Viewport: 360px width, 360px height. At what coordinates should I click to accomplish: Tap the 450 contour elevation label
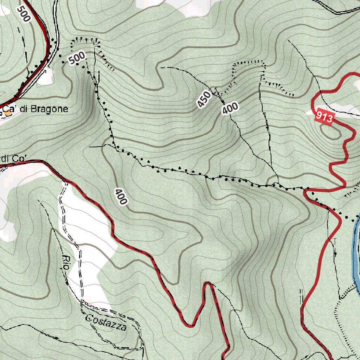pyautogui.click(x=204, y=100)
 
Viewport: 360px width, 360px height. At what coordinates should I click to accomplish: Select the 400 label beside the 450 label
pyautogui.click(x=230, y=108)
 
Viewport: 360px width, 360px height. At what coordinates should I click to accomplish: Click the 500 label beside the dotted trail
pyautogui.click(x=77, y=58)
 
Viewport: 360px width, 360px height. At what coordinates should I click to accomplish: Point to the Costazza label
pyautogui.click(x=106, y=323)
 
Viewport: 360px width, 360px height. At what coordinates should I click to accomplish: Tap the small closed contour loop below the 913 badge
pyautogui.click(x=331, y=131)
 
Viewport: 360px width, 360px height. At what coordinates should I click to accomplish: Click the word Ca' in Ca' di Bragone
pyautogui.click(x=11, y=109)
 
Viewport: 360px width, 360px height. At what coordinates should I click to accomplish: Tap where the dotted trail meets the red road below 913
pyautogui.click(x=305, y=190)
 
